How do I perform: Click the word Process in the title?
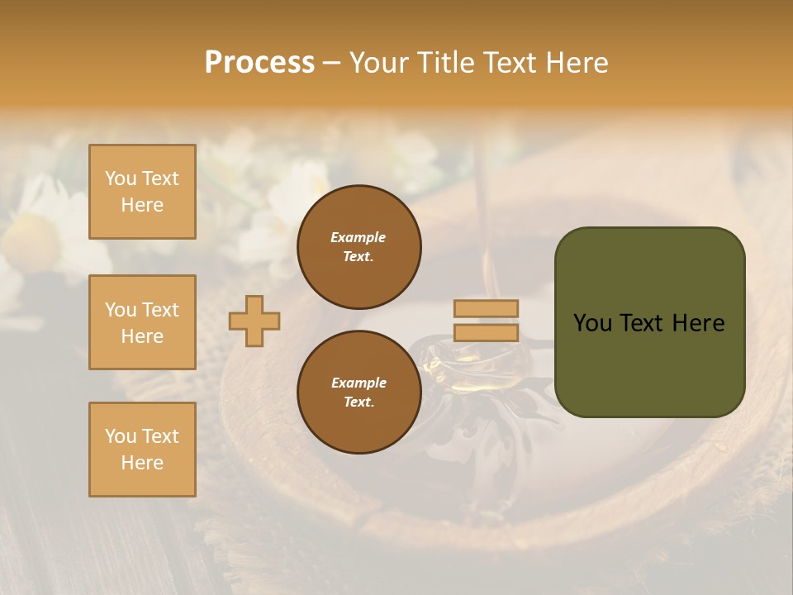pyautogui.click(x=259, y=62)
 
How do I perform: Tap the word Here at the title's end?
pyautogui.click(x=576, y=62)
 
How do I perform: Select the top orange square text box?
pyautogui.click(x=142, y=192)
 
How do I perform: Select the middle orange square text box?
pyautogui.click(x=142, y=322)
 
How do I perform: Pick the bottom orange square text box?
pyautogui.click(x=142, y=449)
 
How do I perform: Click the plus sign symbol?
pyautogui.click(x=254, y=321)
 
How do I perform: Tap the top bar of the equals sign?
pyautogui.click(x=486, y=308)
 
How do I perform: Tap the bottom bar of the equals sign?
pyautogui.click(x=486, y=332)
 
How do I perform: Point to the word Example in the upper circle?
pyautogui.click(x=359, y=237)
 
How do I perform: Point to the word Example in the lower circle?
pyautogui.click(x=359, y=383)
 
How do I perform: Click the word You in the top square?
pyautogui.click(x=121, y=178)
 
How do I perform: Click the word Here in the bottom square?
pyautogui.click(x=142, y=463)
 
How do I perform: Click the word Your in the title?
pyautogui.click(x=379, y=62)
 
